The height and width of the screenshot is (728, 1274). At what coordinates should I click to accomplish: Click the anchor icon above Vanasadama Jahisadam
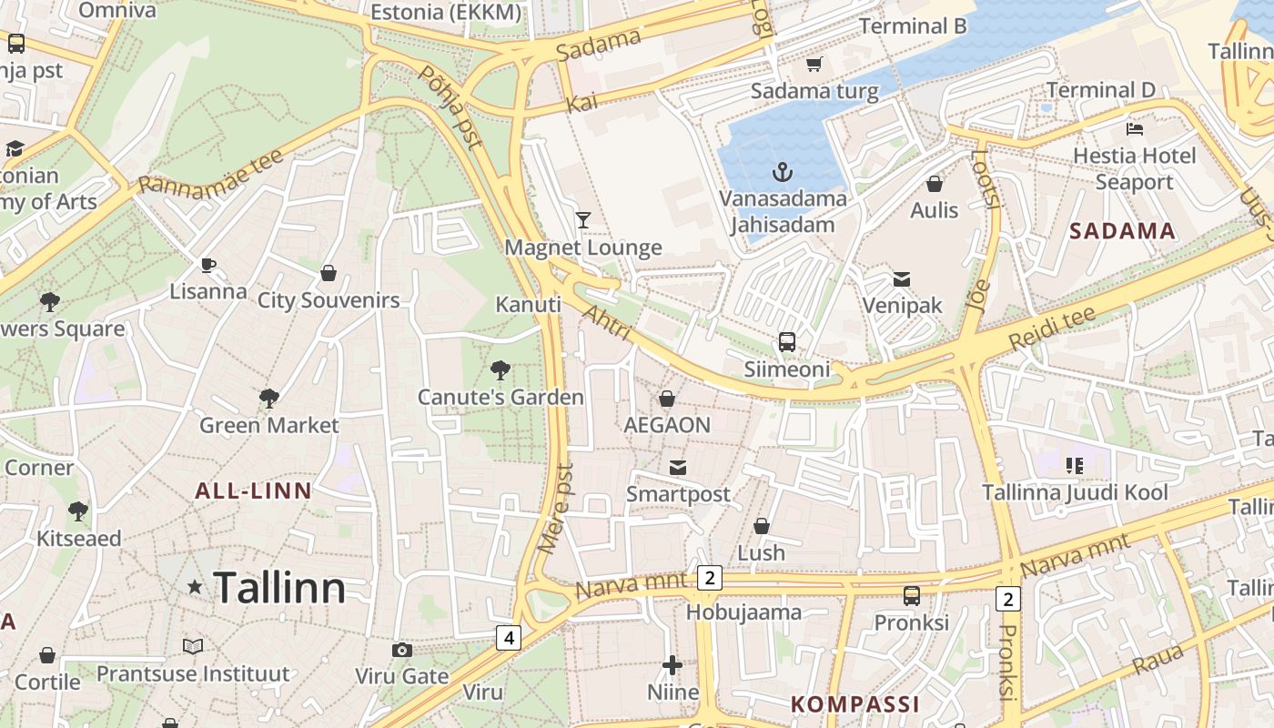click(781, 171)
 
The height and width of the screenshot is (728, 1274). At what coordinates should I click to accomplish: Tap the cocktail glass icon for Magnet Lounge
click(583, 220)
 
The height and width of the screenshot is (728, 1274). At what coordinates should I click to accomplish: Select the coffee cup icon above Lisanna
click(208, 265)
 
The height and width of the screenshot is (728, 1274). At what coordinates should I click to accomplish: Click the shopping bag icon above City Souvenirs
click(329, 273)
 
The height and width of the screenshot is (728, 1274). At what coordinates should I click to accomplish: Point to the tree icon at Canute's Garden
click(500, 369)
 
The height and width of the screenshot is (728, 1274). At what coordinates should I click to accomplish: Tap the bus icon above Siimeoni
click(787, 342)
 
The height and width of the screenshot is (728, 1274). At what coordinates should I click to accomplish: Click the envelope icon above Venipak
click(902, 278)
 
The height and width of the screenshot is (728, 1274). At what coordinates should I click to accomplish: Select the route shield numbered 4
click(509, 638)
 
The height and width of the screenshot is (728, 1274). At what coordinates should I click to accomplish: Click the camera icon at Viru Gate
click(401, 650)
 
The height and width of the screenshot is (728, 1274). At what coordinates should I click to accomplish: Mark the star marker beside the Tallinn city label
click(195, 588)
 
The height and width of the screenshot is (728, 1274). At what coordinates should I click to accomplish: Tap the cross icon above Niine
click(672, 665)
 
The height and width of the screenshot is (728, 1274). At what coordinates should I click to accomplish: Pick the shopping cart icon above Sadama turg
click(814, 64)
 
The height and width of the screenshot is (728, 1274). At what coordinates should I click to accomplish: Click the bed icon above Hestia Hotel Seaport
click(1134, 128)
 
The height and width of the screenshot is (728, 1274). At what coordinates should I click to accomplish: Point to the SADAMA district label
click(1122, 231)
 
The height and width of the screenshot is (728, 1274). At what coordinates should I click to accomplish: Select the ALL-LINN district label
click(254, 491)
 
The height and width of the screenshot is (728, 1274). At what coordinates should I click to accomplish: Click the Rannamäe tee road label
click(211, 171)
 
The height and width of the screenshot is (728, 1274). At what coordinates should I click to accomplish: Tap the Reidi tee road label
click(1052, 329)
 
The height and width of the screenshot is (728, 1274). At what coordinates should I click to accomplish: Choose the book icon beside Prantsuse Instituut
click(193, 646)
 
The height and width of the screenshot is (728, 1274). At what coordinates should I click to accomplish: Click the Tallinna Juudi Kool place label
click(1075, 493)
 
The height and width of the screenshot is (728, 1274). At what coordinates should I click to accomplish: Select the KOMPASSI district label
click(855, 704)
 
